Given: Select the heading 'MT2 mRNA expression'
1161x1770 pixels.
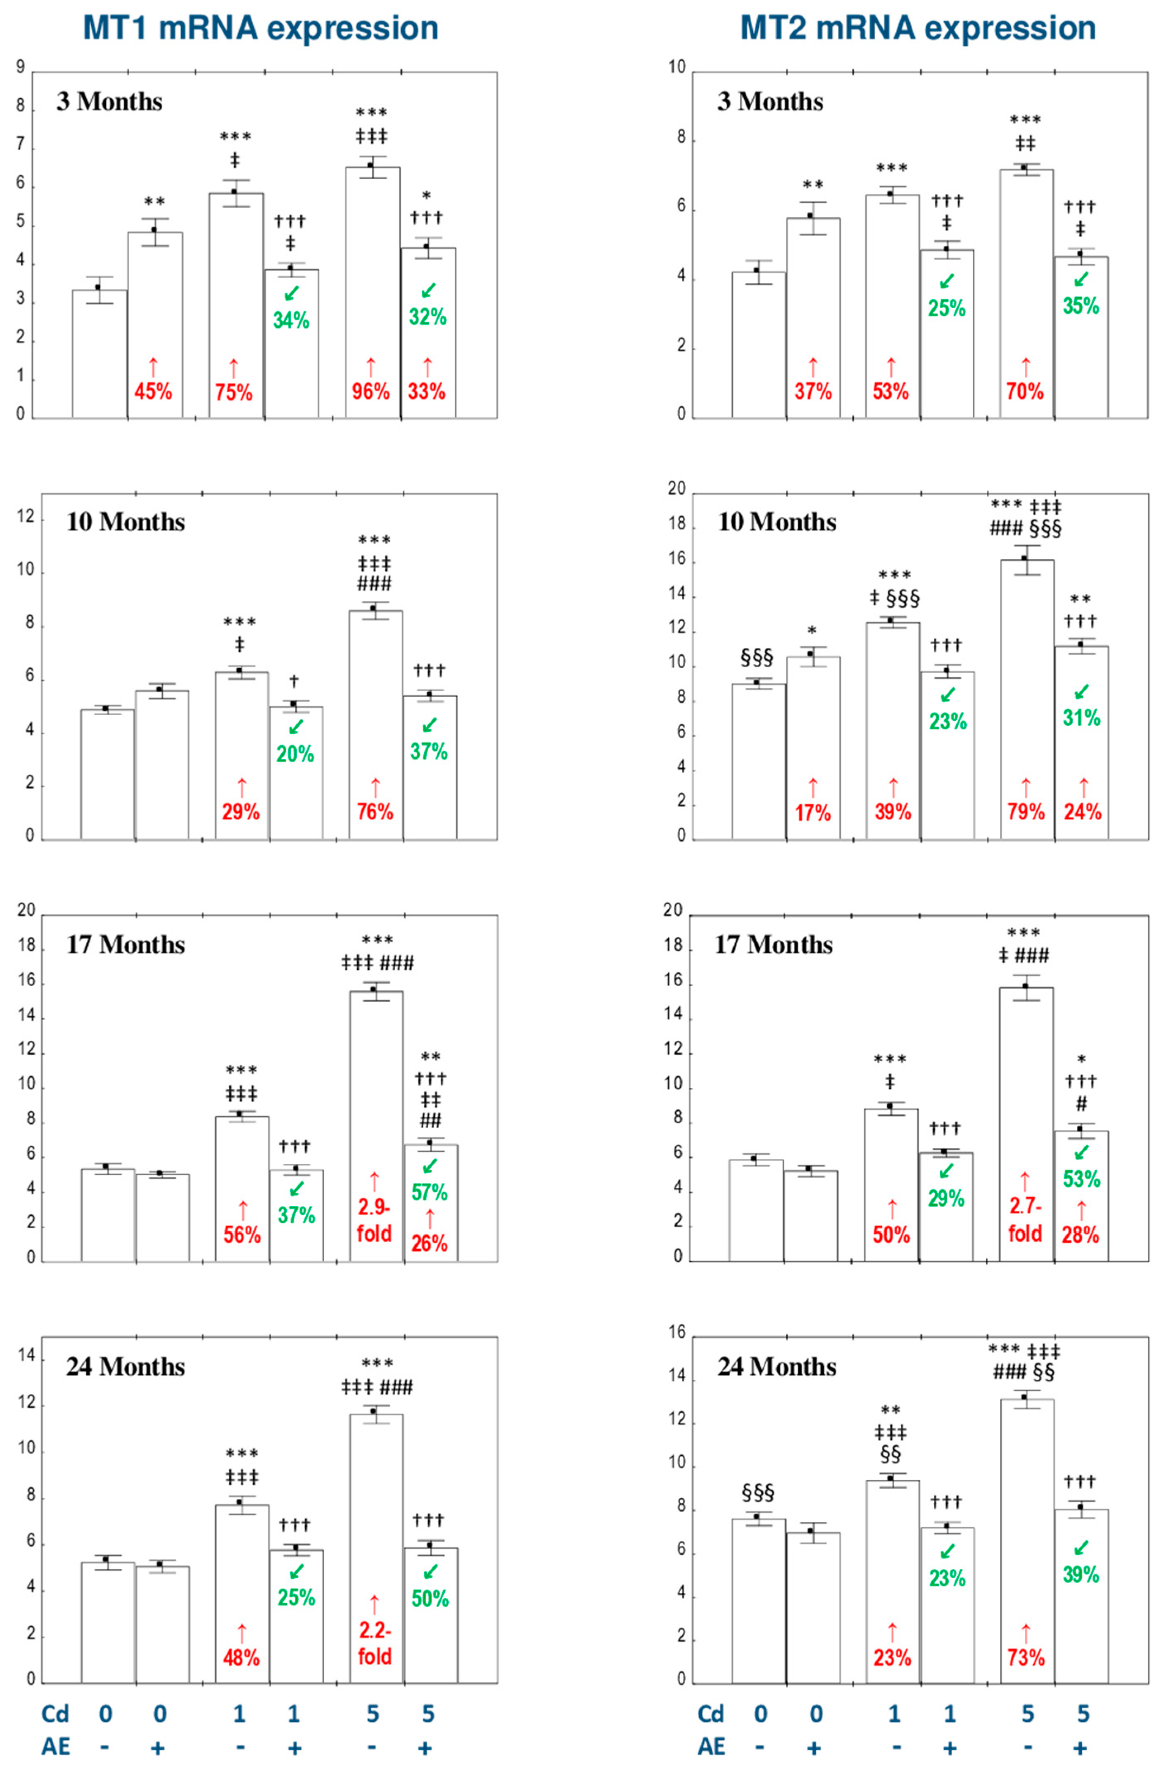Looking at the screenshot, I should point(918,28).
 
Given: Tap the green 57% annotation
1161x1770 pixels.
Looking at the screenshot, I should point(430,1192).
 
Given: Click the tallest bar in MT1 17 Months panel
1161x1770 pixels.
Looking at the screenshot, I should point(376,1125).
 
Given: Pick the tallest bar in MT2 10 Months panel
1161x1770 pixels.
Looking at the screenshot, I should point(1026,699).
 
